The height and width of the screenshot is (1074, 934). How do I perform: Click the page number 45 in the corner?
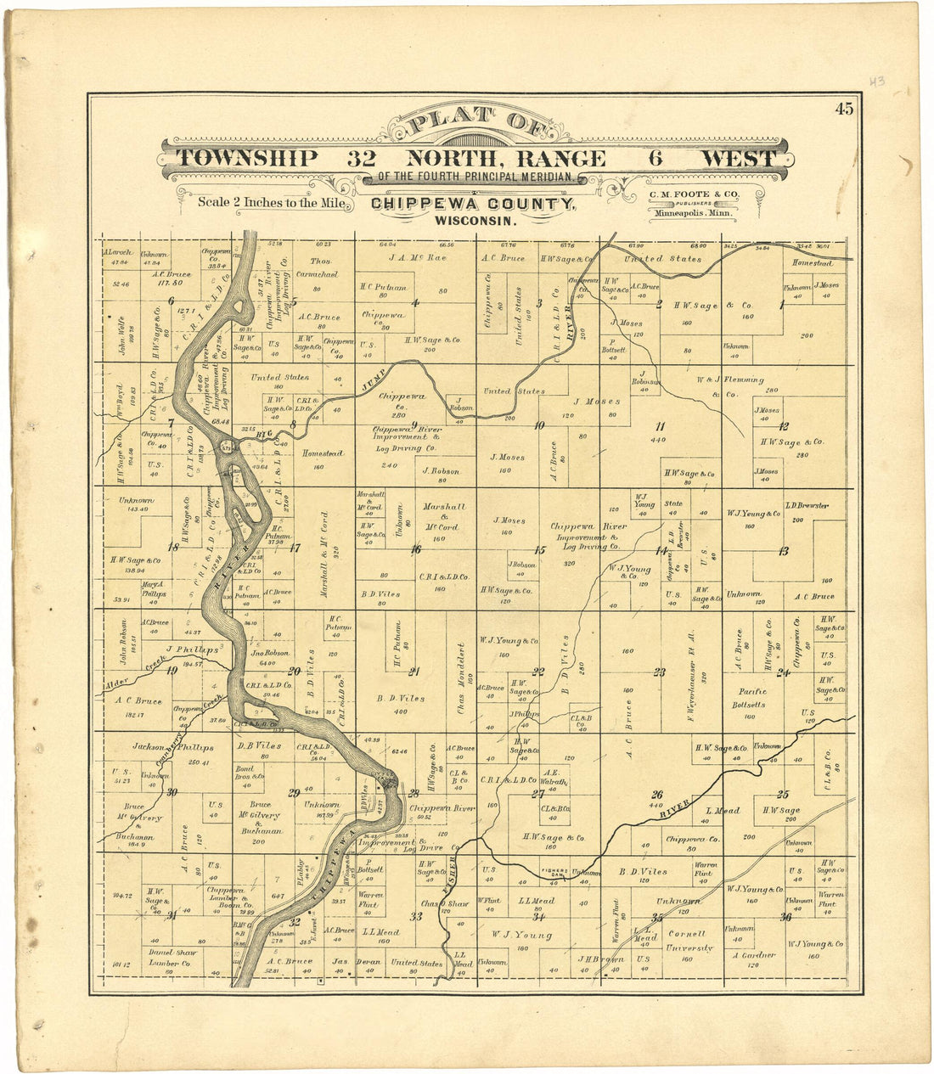(x=843, y=109)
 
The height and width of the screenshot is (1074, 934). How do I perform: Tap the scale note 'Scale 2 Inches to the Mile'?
(x=272, y=203)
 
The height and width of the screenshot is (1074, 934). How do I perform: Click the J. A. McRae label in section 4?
(x=417, y=257)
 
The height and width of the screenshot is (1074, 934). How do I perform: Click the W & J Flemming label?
(x=729, y=386)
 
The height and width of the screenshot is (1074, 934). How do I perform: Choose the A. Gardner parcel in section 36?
(x=754, y=955)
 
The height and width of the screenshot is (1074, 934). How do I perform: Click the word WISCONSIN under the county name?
(x=475, y=220)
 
